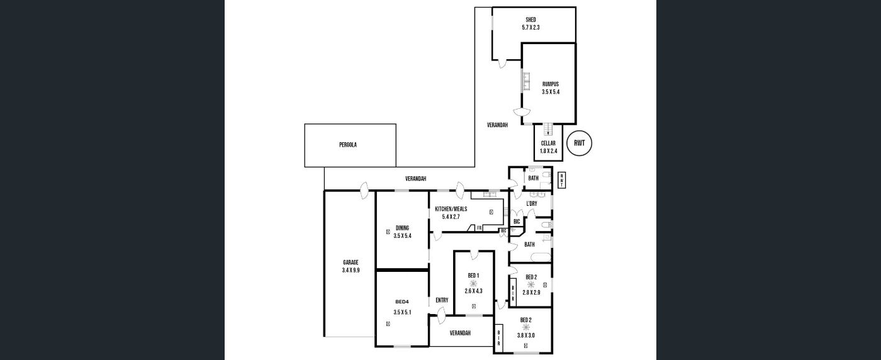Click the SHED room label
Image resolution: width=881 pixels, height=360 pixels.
[x=530, y=20]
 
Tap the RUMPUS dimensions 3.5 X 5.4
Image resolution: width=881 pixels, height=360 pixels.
[x=550, y=92]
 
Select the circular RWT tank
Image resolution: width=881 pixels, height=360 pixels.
[x=580, y=143]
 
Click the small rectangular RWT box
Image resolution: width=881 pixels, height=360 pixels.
[x=562, y=180]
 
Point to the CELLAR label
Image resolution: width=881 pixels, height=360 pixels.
[x=548, y=143]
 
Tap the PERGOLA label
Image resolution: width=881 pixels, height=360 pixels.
[x=348, y=145]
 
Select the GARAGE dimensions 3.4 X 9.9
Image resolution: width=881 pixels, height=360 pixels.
[x=351, y=270]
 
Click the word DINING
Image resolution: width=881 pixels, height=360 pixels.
[x=402, y=228]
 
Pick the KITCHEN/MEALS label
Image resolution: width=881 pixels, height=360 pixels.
[x=451, y=209]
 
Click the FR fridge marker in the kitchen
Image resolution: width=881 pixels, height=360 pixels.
[x=479, y=228]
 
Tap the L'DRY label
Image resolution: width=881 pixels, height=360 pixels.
[x=531, y=204]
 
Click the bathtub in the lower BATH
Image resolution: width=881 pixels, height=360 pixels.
[x=541, y=257]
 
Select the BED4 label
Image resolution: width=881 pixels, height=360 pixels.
[x=402, y=301]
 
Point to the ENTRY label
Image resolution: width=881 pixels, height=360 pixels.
[x=442, y=300]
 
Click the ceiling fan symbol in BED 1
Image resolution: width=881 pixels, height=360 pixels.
[x=473, y=283]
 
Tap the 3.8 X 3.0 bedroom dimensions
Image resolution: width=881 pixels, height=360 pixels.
[x=526, y=335]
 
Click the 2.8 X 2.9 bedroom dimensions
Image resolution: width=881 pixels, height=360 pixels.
[x=531, y=293]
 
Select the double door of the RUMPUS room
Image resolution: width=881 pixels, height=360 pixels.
[x=519, y=111]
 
